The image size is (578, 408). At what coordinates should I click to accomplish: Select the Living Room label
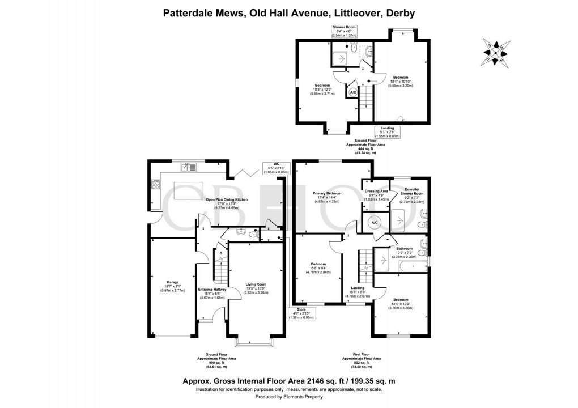[256, 284]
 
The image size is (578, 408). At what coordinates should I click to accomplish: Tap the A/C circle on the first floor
[374, 223]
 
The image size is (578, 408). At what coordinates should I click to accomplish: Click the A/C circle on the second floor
[352, 92]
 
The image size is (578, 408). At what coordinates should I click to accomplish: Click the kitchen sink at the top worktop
[188, 167]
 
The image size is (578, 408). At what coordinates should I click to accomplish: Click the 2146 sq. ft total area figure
[306, 382]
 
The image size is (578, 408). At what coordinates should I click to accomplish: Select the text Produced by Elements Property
[289, 397]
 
